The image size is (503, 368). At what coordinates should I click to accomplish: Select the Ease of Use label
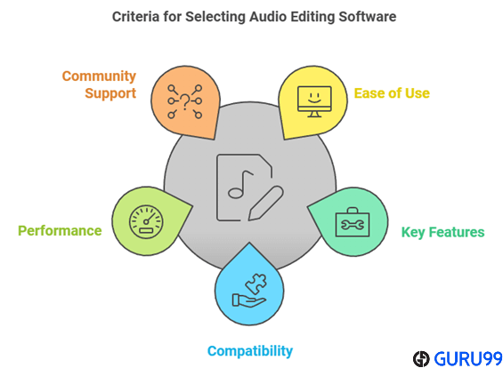392,93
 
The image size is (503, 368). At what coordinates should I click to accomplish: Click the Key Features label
442,232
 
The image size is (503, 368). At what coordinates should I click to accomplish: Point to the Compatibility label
250,351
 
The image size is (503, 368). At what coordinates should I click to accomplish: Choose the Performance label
60,231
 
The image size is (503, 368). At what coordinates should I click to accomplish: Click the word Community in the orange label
99,76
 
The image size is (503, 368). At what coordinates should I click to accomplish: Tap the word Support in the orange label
110,93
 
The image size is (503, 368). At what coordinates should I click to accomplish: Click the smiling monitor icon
314,101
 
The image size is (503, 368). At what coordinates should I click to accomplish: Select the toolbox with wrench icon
353,222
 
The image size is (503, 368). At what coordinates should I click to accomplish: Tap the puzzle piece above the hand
256,284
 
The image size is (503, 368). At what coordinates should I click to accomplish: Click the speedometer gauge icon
146,222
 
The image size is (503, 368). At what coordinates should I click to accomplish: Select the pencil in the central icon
265,204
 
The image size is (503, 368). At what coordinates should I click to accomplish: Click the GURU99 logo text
468,359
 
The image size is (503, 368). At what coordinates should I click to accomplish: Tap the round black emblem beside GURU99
421,359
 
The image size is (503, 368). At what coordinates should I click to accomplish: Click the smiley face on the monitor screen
314,98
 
